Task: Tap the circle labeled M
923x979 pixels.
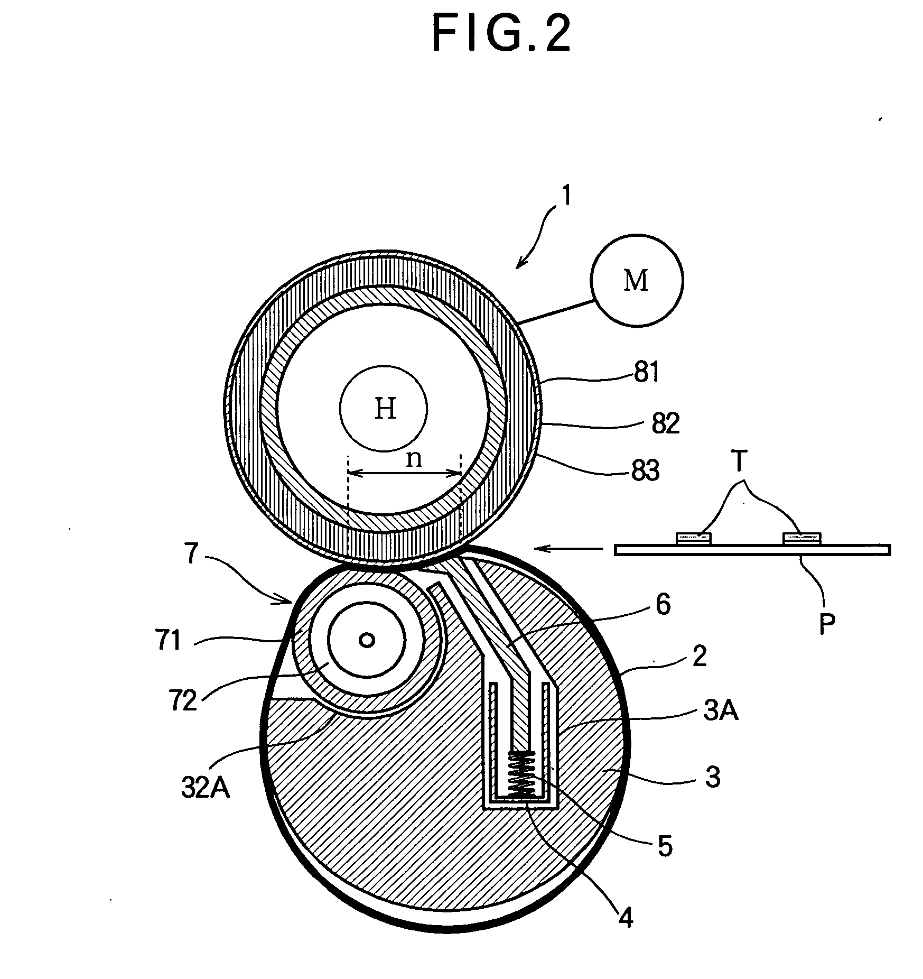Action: (636, 280)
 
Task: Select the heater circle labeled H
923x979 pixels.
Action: (384, 408)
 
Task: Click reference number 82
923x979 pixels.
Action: (665, 424)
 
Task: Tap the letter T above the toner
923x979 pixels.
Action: (739, 462)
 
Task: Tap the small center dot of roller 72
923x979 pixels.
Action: (367, 640)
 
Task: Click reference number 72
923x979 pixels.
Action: (183, 701)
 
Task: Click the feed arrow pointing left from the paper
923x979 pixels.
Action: (568, 549)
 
